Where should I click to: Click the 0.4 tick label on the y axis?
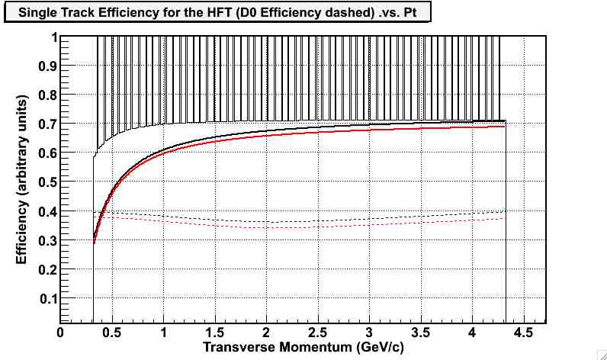click(x=48, y=211)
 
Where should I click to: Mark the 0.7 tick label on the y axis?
click(x=48, y=124)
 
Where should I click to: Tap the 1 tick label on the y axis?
click(x=53, y=37)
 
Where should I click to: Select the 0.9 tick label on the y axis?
click(x=48, y=66)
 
